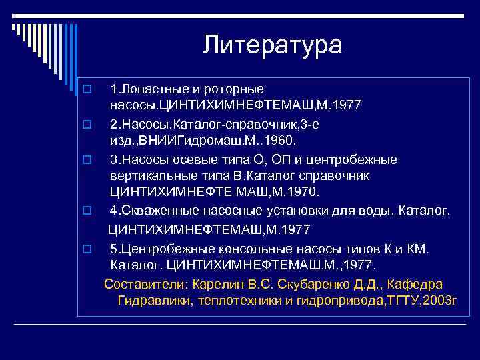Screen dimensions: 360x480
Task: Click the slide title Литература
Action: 273,45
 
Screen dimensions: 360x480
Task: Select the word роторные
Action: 238,89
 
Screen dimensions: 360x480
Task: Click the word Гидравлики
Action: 154,301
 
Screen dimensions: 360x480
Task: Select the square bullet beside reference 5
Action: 85,249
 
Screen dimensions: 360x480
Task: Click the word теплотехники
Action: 236,301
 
